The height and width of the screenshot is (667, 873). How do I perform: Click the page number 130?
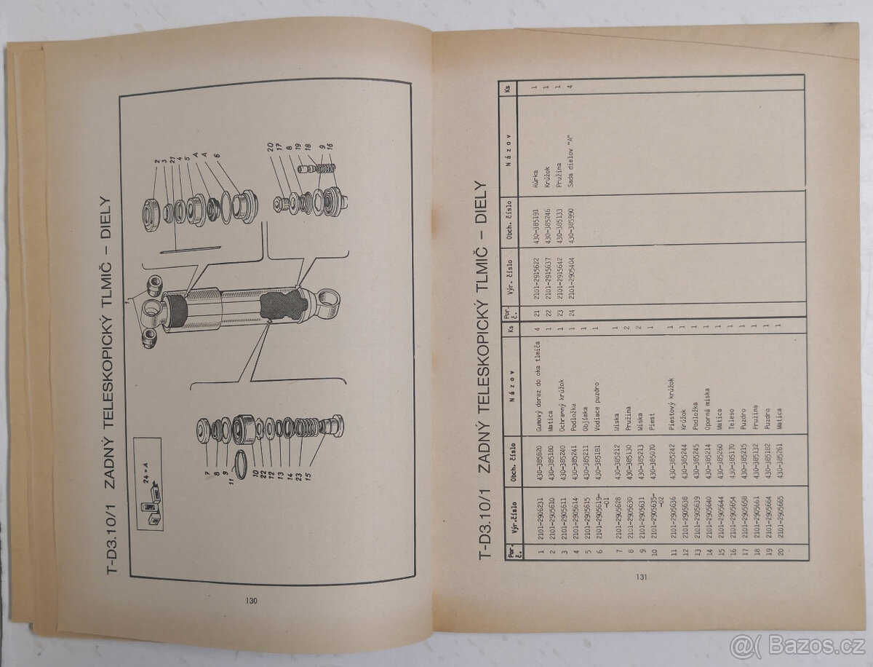pos(251,601)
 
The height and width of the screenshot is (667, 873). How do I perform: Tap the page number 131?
pos(641,577)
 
